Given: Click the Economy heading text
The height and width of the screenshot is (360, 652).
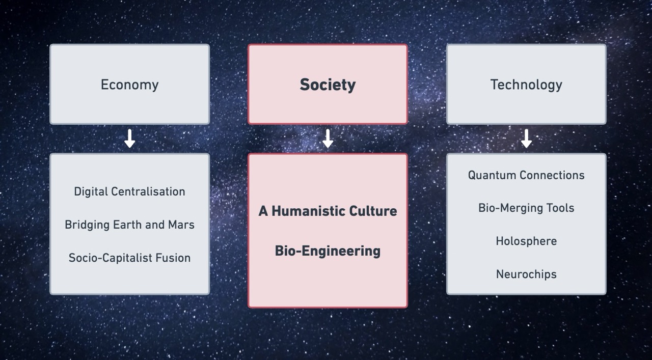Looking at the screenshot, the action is click(129, 85).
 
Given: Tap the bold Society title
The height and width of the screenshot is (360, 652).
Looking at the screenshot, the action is click(328, 85).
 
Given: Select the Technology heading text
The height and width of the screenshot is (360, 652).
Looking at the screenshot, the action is click(526, 85).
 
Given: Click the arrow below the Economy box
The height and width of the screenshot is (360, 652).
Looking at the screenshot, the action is click(129, 139).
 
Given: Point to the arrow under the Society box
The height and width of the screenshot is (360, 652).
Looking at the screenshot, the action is click(328, 139).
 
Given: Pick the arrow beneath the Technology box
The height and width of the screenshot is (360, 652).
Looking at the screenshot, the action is click(526, 139).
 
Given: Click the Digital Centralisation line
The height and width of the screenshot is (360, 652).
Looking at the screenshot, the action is click(129, 192).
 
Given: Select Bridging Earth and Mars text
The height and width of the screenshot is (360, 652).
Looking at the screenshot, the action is click(129, 225).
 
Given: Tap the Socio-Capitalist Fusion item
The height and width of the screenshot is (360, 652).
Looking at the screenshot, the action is click(129, 258).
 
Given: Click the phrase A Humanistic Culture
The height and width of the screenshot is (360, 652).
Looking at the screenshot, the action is click(328, 211).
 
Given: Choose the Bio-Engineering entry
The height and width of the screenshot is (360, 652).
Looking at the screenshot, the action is click(328, 251).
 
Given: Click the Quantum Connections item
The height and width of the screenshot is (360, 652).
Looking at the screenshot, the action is click(526, 175).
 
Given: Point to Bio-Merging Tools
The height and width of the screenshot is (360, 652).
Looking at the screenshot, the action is click(526, 208).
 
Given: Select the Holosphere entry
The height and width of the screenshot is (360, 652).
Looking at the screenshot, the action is click(526, 241).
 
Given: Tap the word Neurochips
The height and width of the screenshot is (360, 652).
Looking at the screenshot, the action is click(526, 274).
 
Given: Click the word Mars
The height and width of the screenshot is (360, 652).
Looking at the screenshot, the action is click(181, 225).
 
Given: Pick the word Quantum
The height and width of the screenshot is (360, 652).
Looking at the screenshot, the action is click(492, 175).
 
